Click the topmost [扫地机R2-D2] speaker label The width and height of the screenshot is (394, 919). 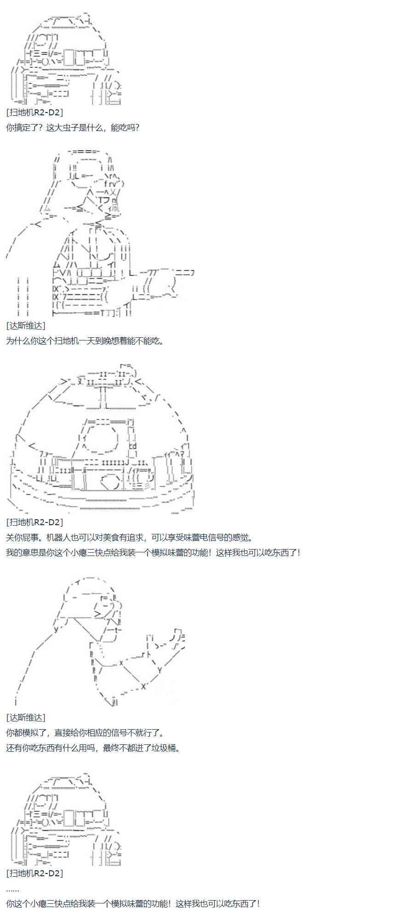[34, 113]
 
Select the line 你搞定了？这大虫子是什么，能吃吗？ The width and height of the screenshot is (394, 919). [73, 127]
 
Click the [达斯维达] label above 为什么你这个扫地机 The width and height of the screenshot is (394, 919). [26, 325]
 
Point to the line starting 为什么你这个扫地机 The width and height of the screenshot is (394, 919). [85, 340]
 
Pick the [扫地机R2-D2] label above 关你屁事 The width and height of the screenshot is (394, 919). [34, 522]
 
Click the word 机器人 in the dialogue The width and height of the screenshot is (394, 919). [54, 537]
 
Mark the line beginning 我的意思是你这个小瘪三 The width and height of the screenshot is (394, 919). [153, 552]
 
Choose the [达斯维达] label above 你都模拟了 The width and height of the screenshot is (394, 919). [26, 717]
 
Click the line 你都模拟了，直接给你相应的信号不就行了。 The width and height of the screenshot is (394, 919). [85, 732]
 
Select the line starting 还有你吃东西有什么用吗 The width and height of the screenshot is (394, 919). [93, 748]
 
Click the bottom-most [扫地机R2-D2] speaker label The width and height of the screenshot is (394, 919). [34, 873]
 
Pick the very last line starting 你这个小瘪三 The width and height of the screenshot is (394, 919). [133, 903]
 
